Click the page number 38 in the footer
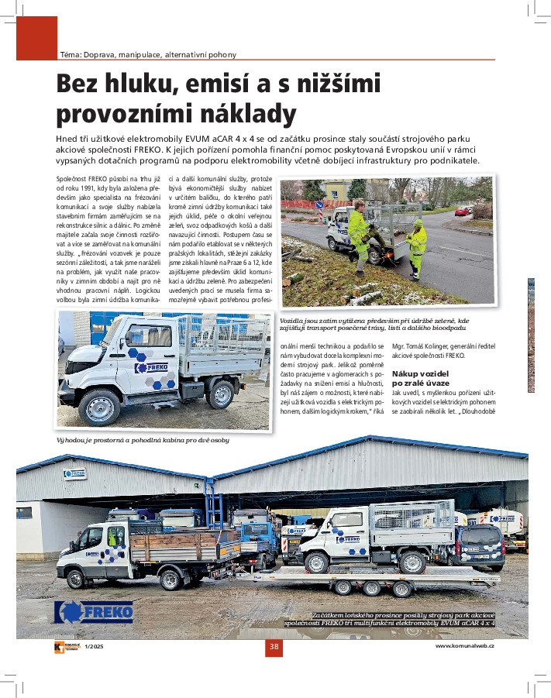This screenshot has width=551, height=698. [274, 647]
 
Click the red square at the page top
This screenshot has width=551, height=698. [37, 38]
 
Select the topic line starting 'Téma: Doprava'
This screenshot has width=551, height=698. [148, 54]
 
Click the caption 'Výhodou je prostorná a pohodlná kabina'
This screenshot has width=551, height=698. [142, 440]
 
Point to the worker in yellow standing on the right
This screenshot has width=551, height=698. [417, 246]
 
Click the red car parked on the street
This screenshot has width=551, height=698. [462, 211]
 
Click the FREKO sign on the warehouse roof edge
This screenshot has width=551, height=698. [74, 473]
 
